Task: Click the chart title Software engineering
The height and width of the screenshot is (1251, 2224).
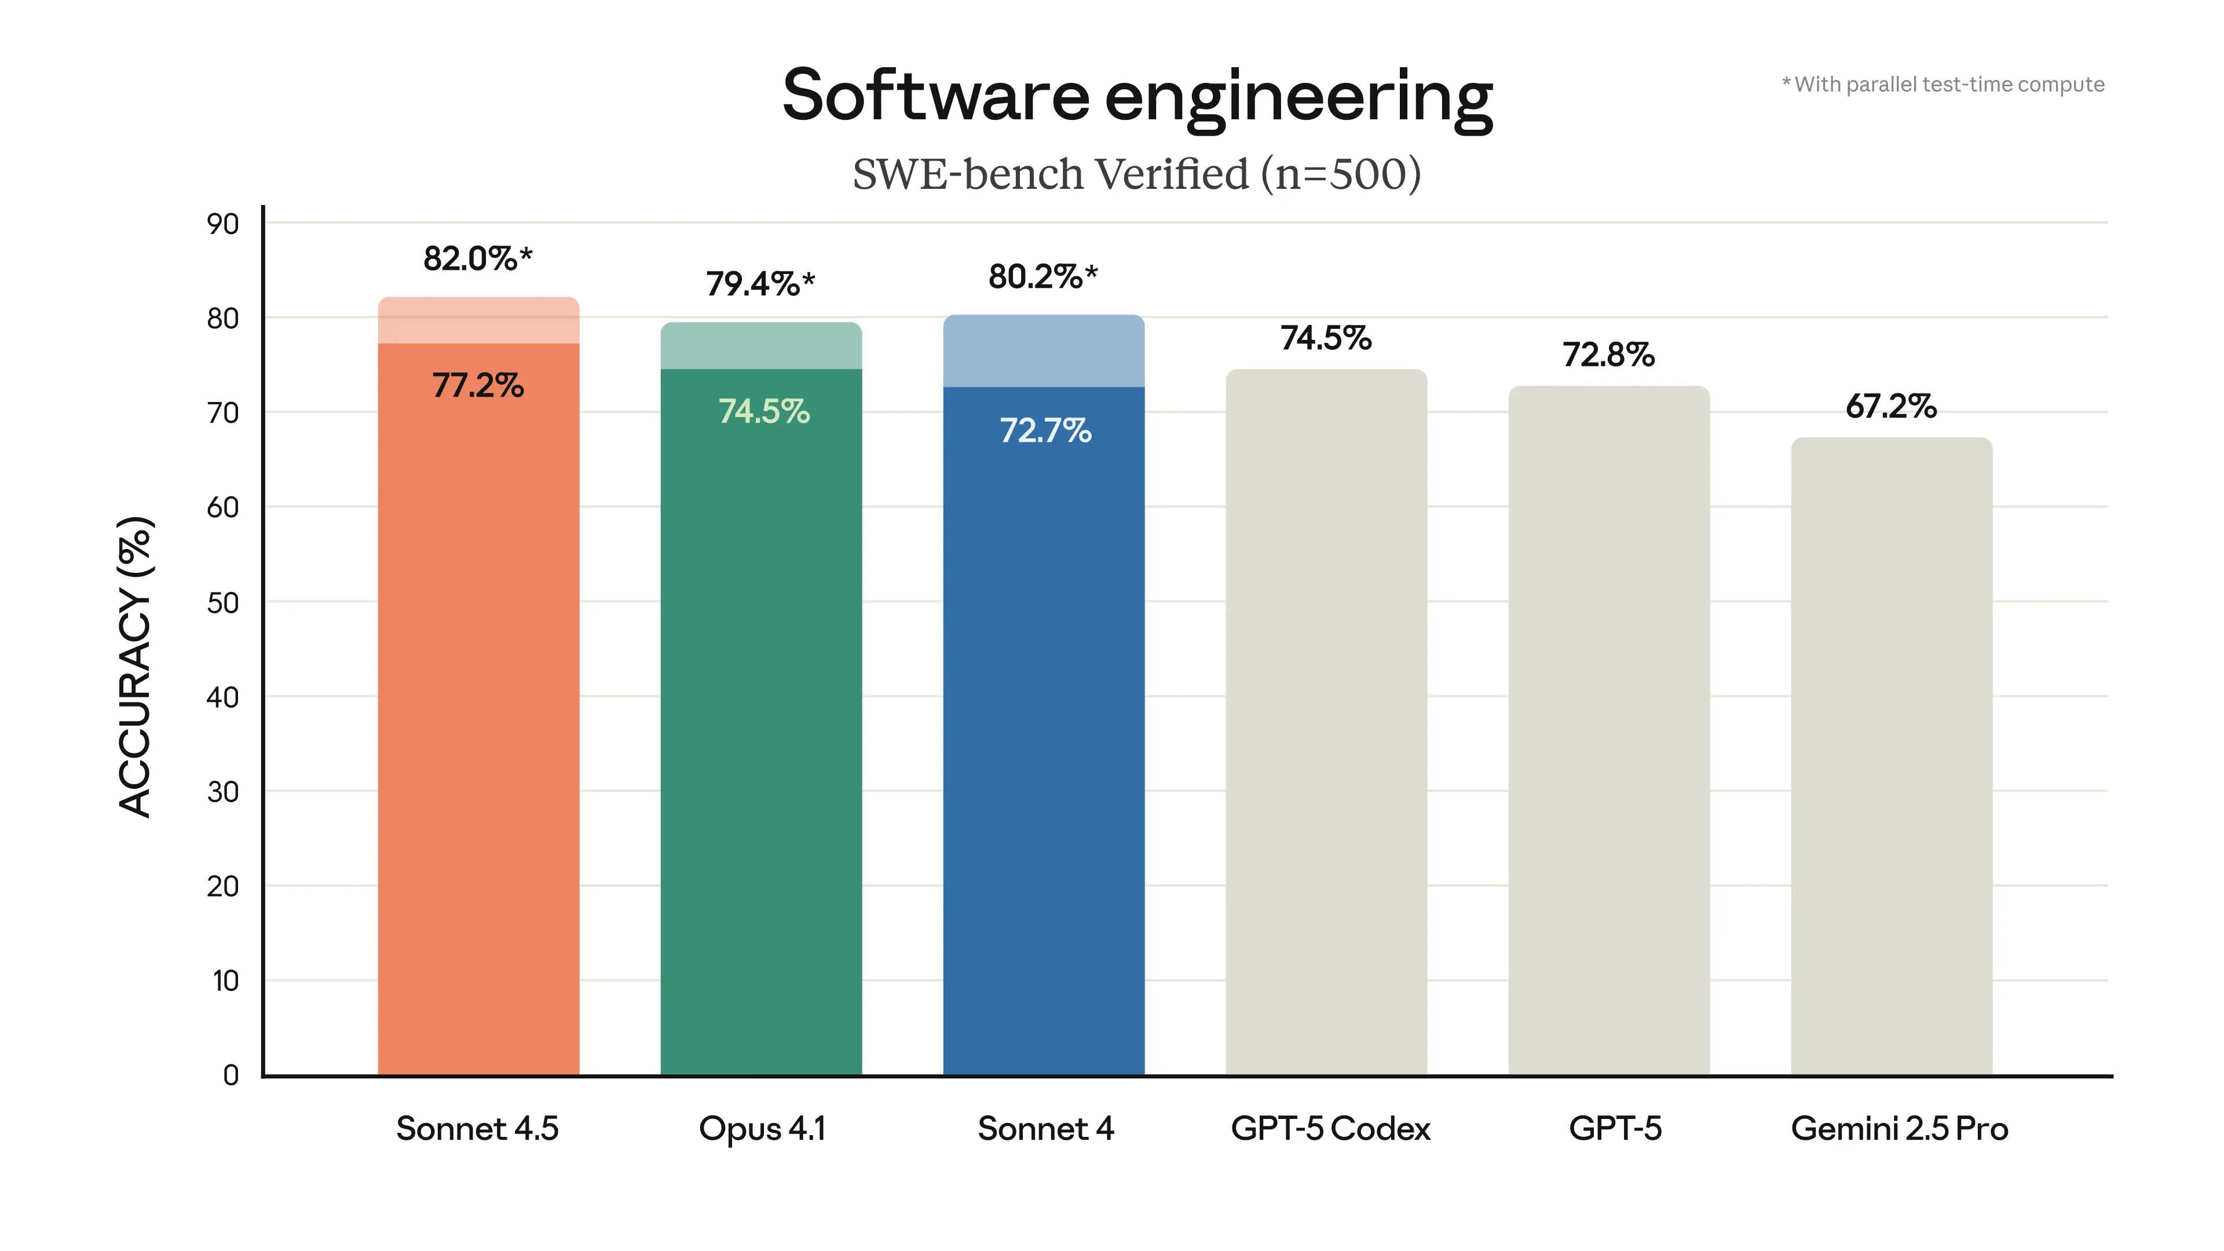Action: tap(1137, 97)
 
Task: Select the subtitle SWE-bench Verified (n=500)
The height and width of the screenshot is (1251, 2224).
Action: tap(1137, 174)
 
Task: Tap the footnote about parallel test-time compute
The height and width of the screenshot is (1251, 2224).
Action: tap(1943, 85)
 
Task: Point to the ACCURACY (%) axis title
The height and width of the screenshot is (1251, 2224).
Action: tap(136, 667)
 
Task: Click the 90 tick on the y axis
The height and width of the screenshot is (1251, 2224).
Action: tap(223, 225)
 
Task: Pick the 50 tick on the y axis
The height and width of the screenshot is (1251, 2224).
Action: tap(223, 602)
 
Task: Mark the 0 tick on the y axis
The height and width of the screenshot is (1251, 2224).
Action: tap(231, 1075)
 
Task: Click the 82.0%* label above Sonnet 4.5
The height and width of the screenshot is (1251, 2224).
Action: tap(477, 258)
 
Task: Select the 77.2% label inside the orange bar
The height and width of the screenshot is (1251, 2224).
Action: tap(477, 385)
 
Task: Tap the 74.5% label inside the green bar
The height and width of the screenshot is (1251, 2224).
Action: tap(763, 411)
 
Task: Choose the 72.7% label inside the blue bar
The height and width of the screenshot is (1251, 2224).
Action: tap(1045, 430)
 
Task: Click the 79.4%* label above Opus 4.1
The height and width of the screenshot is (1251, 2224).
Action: tap(760, 283)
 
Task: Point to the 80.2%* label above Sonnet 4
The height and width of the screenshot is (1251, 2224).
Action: tap(1042, 276)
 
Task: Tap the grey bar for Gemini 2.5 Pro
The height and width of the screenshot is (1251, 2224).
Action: tap(1891, 760)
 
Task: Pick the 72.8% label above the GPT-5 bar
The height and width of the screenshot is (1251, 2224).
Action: tap(1608, 355)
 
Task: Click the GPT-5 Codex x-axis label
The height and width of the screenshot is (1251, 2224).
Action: tap(1330, 1128)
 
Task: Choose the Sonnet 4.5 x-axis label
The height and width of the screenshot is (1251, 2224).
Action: tap(477, 1128)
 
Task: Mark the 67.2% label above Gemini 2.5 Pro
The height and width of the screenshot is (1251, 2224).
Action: tap(1891, 406)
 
